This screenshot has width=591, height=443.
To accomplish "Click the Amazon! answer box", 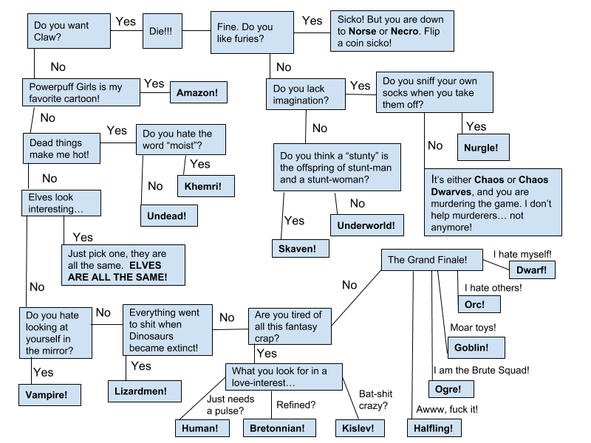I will coord(197,93).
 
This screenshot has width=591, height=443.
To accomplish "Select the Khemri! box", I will coord(206,187).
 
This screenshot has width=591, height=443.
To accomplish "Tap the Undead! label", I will coord(168,216).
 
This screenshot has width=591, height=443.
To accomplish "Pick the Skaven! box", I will coord(297,249).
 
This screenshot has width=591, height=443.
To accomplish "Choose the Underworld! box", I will coord(366,225).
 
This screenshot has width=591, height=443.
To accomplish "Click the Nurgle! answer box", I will coord(481,148).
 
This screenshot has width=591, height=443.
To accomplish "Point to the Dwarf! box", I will coord(532,270).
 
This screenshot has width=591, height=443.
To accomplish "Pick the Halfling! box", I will coord(434,427).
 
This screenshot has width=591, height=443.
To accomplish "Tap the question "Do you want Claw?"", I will coord(69,31).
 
